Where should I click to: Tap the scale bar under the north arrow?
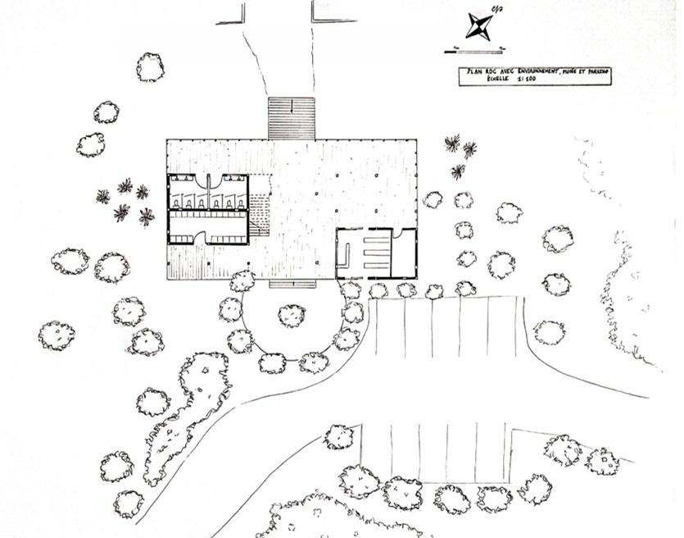point(473,52)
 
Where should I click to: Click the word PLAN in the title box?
point(474,73)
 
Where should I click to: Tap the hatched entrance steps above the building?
point(292,118)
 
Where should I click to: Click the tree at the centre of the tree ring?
point(292,314)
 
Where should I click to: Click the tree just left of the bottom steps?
point(242,281)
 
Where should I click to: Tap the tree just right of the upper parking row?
point(549,332)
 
